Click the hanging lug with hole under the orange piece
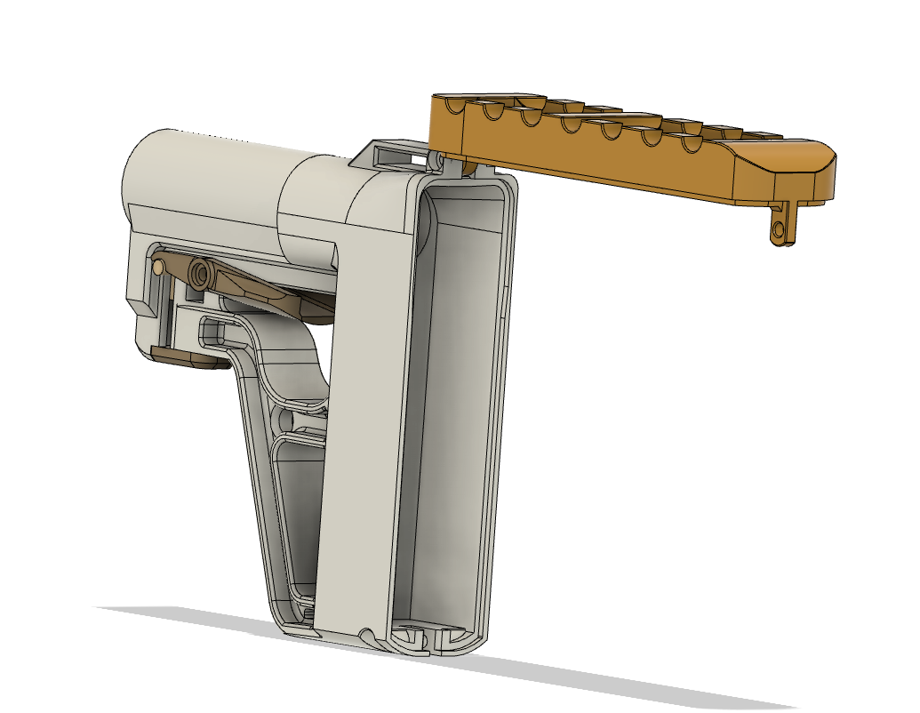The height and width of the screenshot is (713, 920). [x=780, y=229]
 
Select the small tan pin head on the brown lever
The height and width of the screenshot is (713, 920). [x=158, y=265]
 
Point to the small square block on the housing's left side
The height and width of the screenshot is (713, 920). [x=141, y=294]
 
